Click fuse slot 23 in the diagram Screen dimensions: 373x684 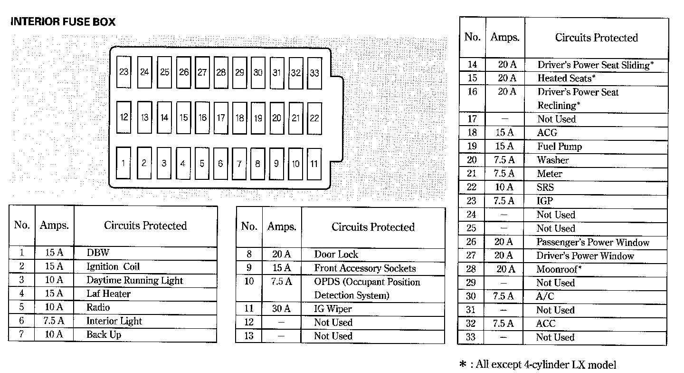tap(124, 72)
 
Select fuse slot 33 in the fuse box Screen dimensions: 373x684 tap(314, 73)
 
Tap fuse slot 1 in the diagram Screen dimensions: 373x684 tap(123, 163)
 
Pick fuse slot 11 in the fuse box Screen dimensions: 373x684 tap(314, 164)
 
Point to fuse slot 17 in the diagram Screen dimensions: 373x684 tap(221, 117)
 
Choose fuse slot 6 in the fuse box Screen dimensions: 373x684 tap(220, 164)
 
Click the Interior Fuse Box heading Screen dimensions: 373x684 tap(63, 22)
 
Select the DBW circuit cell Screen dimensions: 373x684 tap(98, 253)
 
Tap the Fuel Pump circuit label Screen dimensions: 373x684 tap(560, 147)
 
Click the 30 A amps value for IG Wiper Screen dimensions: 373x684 tap(281, 309)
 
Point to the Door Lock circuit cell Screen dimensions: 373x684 tap(336, 255)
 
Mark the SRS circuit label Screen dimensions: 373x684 tap(545, 187)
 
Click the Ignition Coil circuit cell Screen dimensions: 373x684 tap(113, 266)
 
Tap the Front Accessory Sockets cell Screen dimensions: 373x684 tap(365, 268)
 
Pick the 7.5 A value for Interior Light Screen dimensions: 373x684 tap(53, 321)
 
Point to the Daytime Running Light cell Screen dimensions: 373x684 tap(134, 280)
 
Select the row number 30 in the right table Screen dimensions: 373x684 tap(471, 296)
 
